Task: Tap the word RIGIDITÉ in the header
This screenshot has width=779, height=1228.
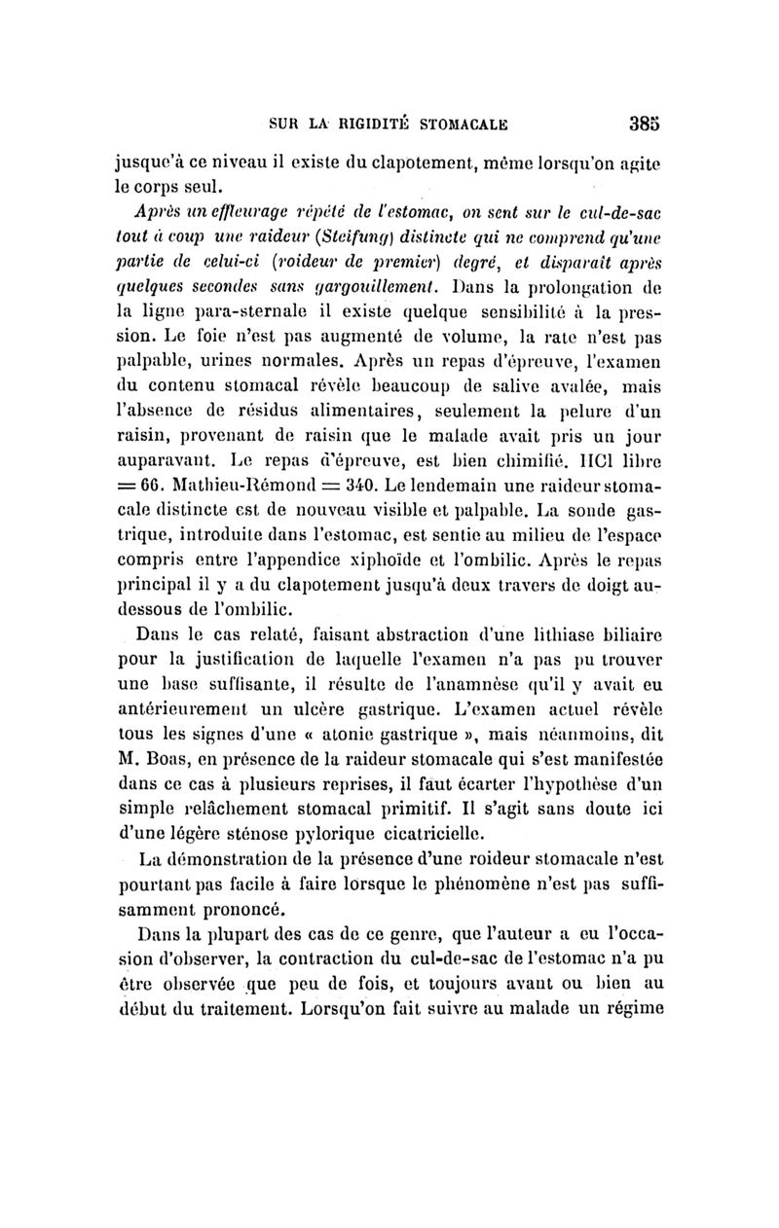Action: tap(385, 125)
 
